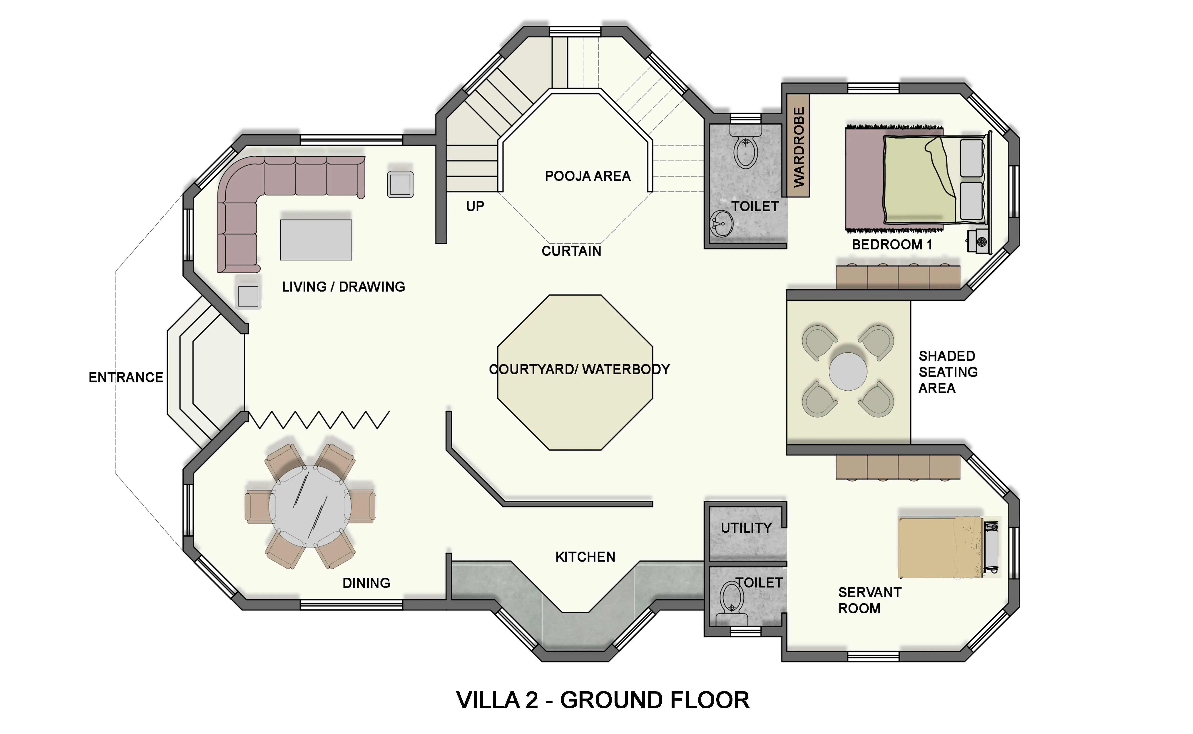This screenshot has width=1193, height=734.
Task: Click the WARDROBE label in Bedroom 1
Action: [x=798, y=147]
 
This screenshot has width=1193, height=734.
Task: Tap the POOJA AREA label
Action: [x=588, y=176]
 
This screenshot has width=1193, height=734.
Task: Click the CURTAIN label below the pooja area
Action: [x=571, y=251]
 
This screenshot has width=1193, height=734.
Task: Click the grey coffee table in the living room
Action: [x=316, y=240]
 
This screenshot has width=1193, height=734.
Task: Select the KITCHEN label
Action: [x=585, y=557]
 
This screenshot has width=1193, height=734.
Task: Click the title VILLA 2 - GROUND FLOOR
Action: [x=603, y=700]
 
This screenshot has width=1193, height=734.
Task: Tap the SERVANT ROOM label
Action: [x=870, y=601]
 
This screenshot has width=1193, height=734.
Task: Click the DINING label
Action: [x=366, y=583]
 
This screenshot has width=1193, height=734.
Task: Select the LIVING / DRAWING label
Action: [x=344, y=287]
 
